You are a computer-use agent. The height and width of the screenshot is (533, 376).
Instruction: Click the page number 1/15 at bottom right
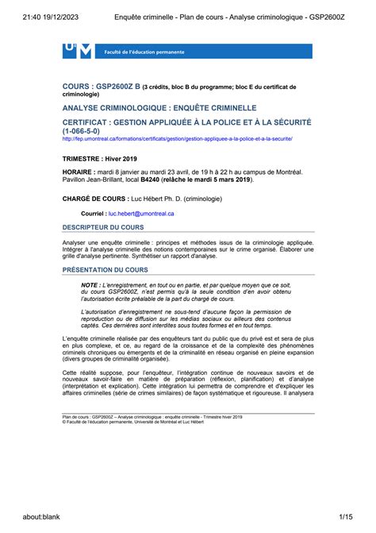coord(347,517)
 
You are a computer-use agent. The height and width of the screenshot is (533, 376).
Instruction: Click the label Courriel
coord(94,214)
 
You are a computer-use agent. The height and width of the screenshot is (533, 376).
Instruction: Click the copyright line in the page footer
coord(139,423)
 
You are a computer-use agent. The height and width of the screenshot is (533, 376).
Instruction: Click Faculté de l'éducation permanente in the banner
coord(144,52)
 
